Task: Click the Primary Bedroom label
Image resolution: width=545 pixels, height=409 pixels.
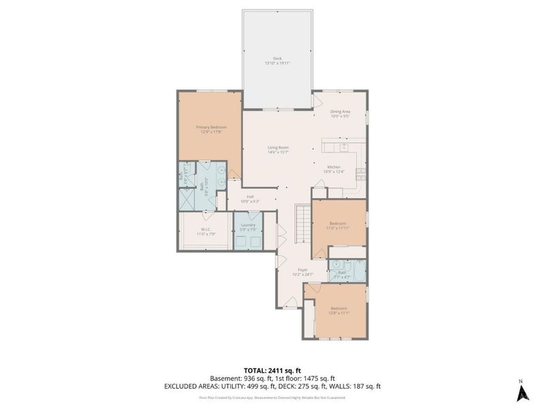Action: click(x=211, y=127)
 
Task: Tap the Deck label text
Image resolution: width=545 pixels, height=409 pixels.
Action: click(x=277, y=59)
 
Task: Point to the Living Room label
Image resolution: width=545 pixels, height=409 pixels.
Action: click(x=278, y=147)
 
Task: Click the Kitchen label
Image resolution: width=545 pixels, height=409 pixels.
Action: click(x=334, y=167)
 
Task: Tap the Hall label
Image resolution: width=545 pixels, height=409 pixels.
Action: click(x=251, y=197)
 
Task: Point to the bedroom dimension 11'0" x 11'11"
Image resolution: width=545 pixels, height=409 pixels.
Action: click(x=339, y=228)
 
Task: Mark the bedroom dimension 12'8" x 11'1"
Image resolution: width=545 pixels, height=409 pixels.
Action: click(x=339, y=314)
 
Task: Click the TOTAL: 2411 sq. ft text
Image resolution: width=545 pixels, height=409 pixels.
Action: click(x=272, y=369)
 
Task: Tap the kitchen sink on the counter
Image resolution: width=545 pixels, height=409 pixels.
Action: click(x=344, y=146)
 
